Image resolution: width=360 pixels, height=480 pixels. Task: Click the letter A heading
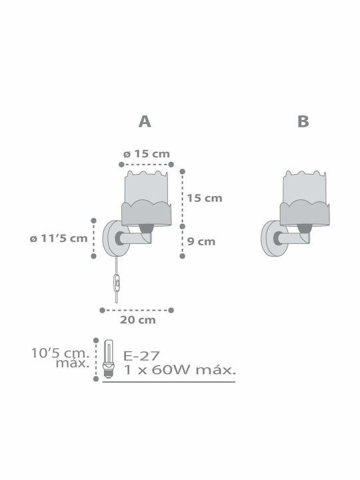145,121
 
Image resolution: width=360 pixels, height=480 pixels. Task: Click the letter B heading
303,121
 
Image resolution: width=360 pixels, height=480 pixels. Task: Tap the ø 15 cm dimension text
146,154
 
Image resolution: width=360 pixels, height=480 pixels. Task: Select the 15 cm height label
205,198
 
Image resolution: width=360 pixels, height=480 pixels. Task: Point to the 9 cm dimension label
201,241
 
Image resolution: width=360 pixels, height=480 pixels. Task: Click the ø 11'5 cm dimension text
59,239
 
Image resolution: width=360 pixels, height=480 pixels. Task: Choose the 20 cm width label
138,320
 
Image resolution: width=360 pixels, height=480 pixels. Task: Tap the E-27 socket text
141,356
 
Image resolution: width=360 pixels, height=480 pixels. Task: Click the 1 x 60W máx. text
180,370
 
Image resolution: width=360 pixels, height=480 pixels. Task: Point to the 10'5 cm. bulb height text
60,353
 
